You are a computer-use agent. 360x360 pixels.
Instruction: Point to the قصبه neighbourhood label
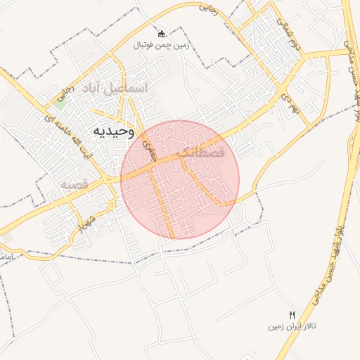(73, 184)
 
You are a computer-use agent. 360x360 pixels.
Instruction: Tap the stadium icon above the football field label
(161, 34)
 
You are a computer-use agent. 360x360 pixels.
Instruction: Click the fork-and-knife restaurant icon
(292, 314)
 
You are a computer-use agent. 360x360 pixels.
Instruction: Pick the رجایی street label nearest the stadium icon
(209, 9)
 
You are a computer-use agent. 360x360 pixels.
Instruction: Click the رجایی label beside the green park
(67, 92)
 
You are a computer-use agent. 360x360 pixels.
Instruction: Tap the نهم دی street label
(290, 93)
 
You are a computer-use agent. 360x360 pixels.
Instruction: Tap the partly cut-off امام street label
(6, 258)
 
